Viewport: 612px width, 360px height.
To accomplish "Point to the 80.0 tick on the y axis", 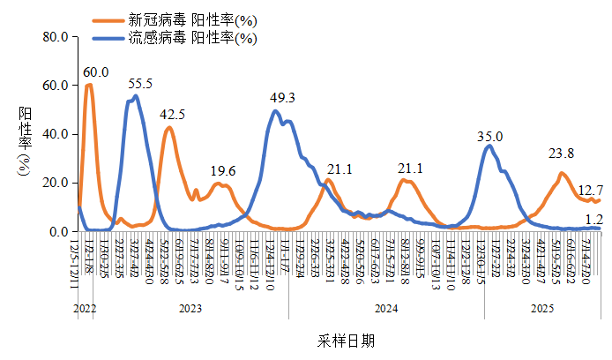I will coord(54,37).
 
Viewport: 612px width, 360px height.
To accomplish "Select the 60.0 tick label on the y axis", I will coord(54,86).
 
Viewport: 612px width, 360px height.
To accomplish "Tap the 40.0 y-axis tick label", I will coord(54,134).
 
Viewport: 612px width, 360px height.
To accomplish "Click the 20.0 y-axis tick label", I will coord(54,183).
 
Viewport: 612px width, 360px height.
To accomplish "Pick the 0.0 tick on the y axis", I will coord(57,231).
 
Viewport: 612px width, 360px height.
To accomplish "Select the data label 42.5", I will coord(172,115).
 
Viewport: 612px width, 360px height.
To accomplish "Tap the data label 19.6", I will coord(223,171).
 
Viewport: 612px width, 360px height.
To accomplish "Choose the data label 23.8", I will coord(561,154).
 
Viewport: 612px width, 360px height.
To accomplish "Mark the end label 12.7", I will coord(590,190).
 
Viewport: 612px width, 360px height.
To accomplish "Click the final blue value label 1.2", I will coord(593,218).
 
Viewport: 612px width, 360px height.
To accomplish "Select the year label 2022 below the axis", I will coord(85,309).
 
